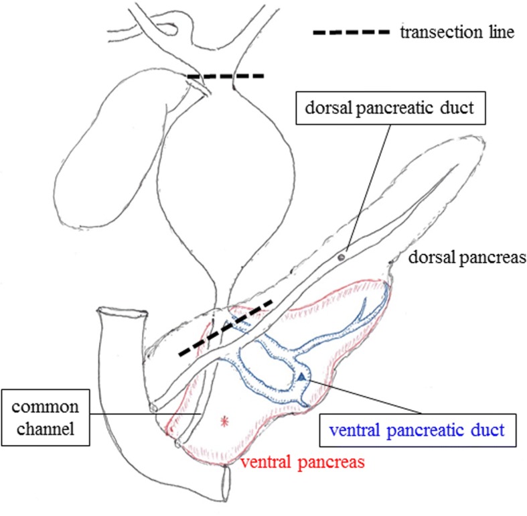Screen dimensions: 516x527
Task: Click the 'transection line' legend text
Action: tap(455, 32)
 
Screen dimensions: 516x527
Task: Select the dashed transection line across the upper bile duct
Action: tap(226, 76)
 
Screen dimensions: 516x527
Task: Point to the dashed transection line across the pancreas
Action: tap(225, 328)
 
